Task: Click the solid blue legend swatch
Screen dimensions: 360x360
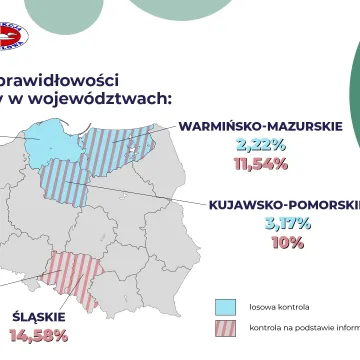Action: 225,305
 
